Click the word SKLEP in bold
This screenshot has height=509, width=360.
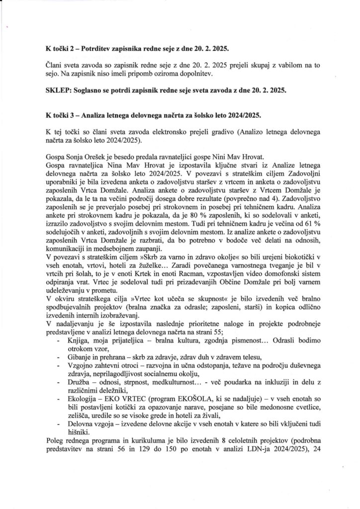pyautogui.click(x=58, y=90)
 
